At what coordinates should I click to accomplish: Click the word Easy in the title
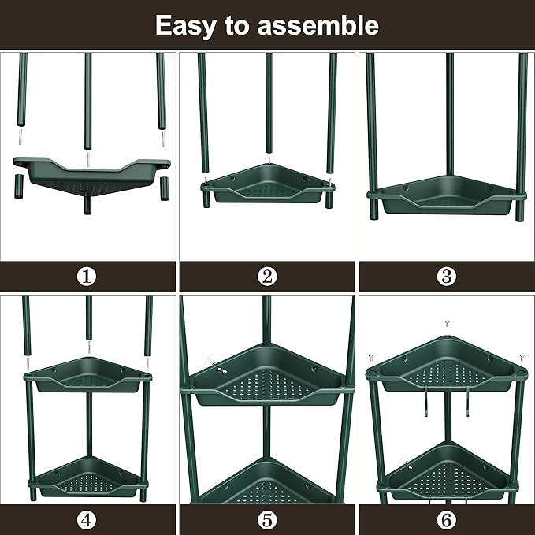[x=185, y=25]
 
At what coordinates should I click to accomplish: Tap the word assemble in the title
[x=321, y=25]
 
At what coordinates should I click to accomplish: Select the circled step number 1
[x=87, y=277]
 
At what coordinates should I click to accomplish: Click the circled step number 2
[x=267, y=277]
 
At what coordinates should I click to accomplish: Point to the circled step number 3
[x=446, y=277]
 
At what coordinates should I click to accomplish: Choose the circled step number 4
[x=87, y=519]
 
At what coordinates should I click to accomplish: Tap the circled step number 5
[x=267, y=519]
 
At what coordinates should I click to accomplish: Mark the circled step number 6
[x=446, y=519]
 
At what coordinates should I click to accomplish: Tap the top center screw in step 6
[x=447, y=324]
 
